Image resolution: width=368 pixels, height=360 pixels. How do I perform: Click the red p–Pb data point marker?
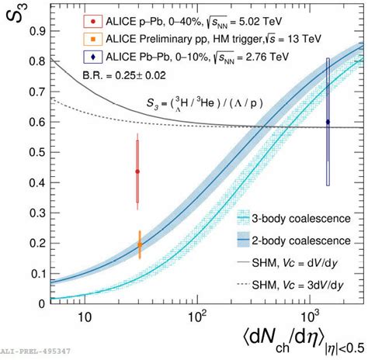tap(137, 171)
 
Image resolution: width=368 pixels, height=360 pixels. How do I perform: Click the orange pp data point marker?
tap(140, 244)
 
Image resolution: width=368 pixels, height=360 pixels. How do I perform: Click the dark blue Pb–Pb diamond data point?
tap(328, 122)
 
